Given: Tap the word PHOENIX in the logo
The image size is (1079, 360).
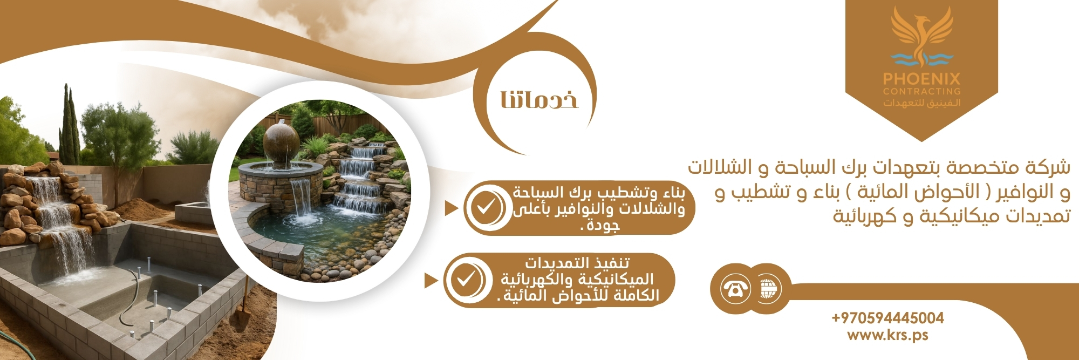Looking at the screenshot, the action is (921, 79).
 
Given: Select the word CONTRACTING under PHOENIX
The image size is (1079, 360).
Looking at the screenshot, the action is (921, 91).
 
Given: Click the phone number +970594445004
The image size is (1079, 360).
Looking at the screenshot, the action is (887, 318).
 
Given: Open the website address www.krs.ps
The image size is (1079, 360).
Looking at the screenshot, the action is (887, 335).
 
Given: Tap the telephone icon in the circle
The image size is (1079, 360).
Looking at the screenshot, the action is (735, 288).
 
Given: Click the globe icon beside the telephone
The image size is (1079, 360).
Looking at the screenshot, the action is (768, 288).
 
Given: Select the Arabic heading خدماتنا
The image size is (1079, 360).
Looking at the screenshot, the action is (539, 100).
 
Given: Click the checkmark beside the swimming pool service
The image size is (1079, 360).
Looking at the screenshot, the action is (485, 207).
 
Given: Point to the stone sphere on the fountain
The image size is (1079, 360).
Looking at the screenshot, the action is (281, 142).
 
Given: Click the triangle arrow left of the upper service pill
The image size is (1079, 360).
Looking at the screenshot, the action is (451, 208).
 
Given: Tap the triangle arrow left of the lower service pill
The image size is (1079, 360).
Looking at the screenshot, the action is (431, 281).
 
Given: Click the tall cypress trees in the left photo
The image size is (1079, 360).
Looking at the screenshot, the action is (70, 127).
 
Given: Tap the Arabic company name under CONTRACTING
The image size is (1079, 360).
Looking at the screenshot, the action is (921, 103).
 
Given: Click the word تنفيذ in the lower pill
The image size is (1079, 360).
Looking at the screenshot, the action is (609, 263).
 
